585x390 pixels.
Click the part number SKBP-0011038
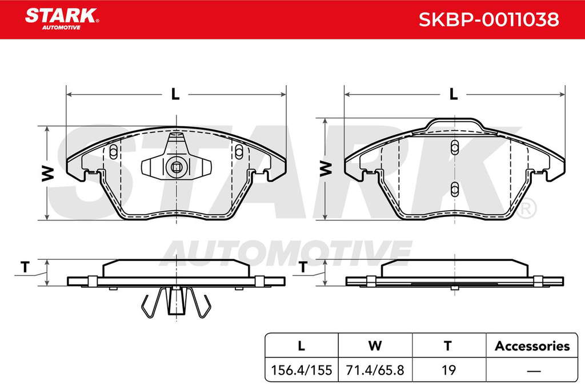(x=489, y=19)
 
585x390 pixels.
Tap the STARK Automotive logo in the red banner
(x=62, y=19)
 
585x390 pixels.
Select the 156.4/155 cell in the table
(x=301, y=370)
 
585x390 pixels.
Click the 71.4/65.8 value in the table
(x=375, y=370)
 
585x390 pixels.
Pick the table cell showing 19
(x=448, y=370)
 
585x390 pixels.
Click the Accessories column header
(x=532, y=346)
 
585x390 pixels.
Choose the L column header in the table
(x=302, y=346)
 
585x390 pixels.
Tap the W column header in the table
(x=375, y=346)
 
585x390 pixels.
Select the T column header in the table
(x=448, y=346)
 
